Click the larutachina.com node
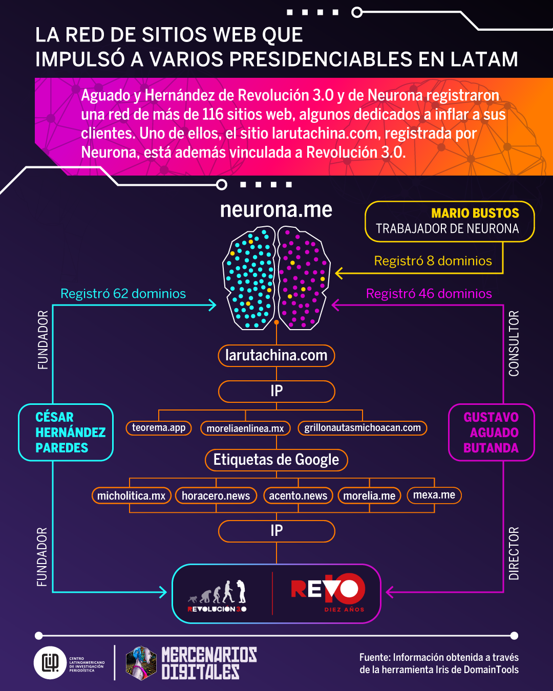tap(276, 355)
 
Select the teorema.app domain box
tap(159, 428)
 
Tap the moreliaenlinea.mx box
tap(245, 428)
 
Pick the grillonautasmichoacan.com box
tap(363, 428)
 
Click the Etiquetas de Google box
tap(276, 460)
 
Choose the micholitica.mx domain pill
tap(131, 495)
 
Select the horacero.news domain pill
tap(216, 495)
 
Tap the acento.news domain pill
tap(298, 495)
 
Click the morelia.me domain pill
tap(369, 495)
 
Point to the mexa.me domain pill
tap(434, 495)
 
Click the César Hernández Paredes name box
tap(66, 433)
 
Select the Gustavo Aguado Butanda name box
tap(491, 433)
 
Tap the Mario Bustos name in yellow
tap(475, 213)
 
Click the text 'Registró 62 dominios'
tap(123, 294)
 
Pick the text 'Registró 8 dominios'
tap(433, 261)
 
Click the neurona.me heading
tap(276, 210)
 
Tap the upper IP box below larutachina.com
tap(276, 391)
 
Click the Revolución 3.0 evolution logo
tap(218, 595)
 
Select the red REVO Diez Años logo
tap(328, 593)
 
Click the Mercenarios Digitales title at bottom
tap(209, 663)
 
